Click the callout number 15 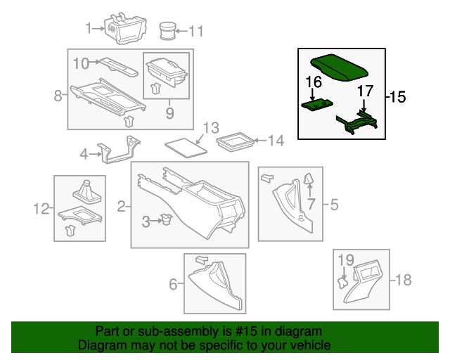coord(398,97)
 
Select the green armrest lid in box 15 coord(339,67)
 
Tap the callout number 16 coord(314,82)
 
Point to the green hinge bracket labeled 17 coord(357,122)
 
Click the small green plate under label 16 coord(317,105)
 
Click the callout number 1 coord(89,28)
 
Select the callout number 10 coord(81,63)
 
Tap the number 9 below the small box coord(169,113)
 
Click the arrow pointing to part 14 coord(260,141)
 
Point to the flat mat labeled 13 coord(186,148)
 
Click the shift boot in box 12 coord(87,192)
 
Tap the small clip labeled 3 coord(166,219)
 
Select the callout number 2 coord(122,207)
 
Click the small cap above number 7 coord(309,179)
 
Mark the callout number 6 coord(173,284)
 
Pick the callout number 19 coord(346,260)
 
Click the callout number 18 coord(404,279)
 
